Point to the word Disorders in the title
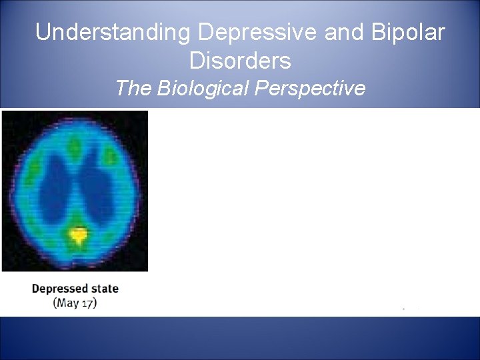(x=240, y=61)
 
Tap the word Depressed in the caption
(x=60, y=289)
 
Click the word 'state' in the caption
(x=105, y=289)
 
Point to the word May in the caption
(x=67, y=303)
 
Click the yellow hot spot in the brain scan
(x=79, y=234)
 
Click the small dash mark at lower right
(x=403, y=309)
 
